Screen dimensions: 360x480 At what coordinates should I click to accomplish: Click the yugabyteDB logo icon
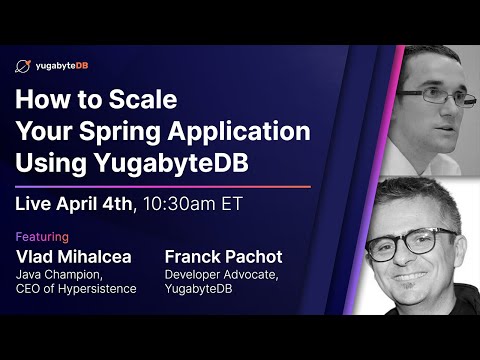pyautogui.click(x=23, y=66)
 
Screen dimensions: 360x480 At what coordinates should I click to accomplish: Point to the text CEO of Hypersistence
pyautogui.click(x=76, y=289)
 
